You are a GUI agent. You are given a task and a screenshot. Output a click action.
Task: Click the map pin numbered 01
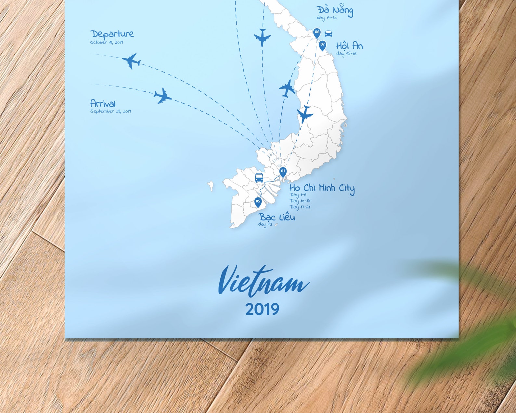tap(283, 172)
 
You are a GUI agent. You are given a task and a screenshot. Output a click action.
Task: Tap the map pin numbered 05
tap(258, 202)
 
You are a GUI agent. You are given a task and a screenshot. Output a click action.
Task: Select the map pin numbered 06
tap(317, 33)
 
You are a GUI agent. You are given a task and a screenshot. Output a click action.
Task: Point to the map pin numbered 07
tap(322, 45)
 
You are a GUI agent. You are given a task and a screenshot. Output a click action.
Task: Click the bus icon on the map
tap(259, 178)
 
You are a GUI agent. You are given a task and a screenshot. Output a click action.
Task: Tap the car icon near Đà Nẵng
tap(329, 33)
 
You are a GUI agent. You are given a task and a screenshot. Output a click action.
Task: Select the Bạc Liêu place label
tap(277, 217)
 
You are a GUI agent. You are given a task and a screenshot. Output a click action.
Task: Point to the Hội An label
tap(349, 46)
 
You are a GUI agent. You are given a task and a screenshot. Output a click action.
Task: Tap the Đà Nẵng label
tap(335, 10)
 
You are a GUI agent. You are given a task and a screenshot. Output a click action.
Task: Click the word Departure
tap(112, 34)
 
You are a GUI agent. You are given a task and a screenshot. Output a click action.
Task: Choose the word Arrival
tap(103, 104)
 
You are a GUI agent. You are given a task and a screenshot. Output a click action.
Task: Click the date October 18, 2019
tap(106, 42)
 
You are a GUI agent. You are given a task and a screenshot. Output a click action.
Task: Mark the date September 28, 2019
tap(110, 111)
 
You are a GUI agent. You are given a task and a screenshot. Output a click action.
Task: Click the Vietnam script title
tap(263, 282)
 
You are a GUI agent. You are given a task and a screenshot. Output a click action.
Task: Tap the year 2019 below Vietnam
tap(262, 309)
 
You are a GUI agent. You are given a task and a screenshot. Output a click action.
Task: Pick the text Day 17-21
tap(300, 207)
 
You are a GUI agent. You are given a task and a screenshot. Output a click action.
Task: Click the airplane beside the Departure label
tap(132, 61)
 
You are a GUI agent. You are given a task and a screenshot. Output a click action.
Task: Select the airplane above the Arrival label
tap(162, 96)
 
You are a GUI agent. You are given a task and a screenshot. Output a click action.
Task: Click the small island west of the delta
tap(211, 186)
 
